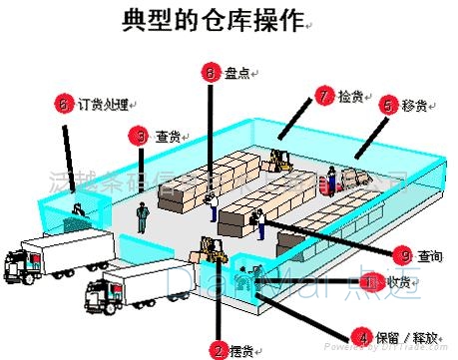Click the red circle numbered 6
point(64,103)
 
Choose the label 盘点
point(236,73)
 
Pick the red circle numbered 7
point(322,96)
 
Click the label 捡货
point(350,96)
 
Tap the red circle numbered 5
point(388,104)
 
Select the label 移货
point(416,104)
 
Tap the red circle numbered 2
point(219,350)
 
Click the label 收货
point(398,282)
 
